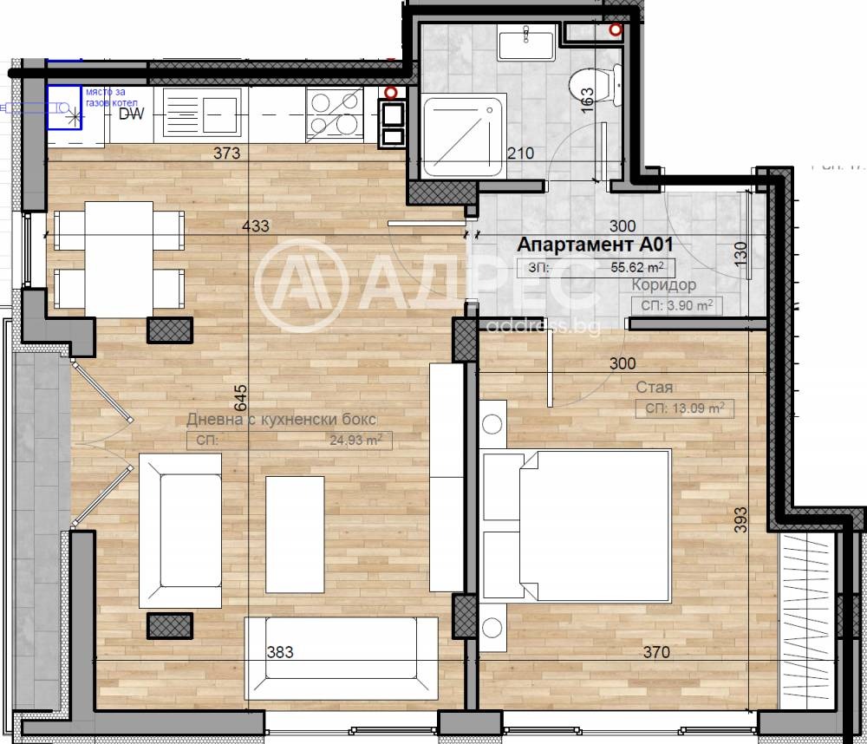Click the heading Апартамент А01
595,245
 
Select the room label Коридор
664,285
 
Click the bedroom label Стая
655,388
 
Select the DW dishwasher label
130,114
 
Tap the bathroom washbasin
528,42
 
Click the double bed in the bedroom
577,526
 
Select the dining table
120,258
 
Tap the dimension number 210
519,153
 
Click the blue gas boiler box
63,108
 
